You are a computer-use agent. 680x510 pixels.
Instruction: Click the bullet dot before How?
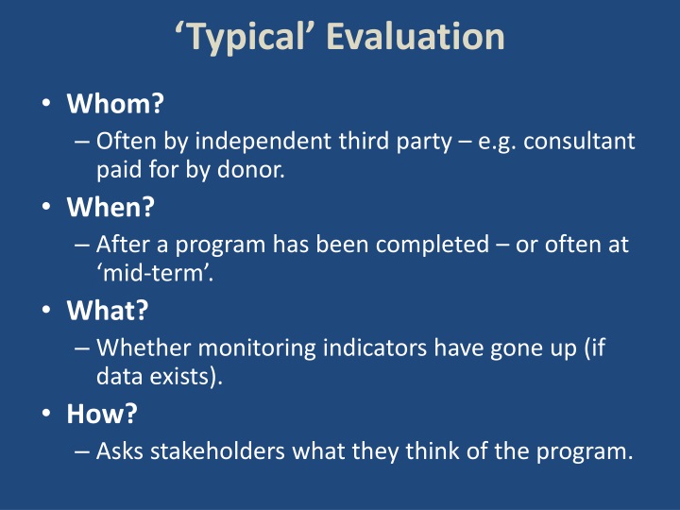[x=46, y=414]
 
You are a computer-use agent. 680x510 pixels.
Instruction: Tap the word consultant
[x=579, y=142]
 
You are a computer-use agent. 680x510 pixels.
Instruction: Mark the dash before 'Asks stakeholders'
[x=82, y=451]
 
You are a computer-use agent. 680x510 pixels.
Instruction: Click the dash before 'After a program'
[x=82, y=246]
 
